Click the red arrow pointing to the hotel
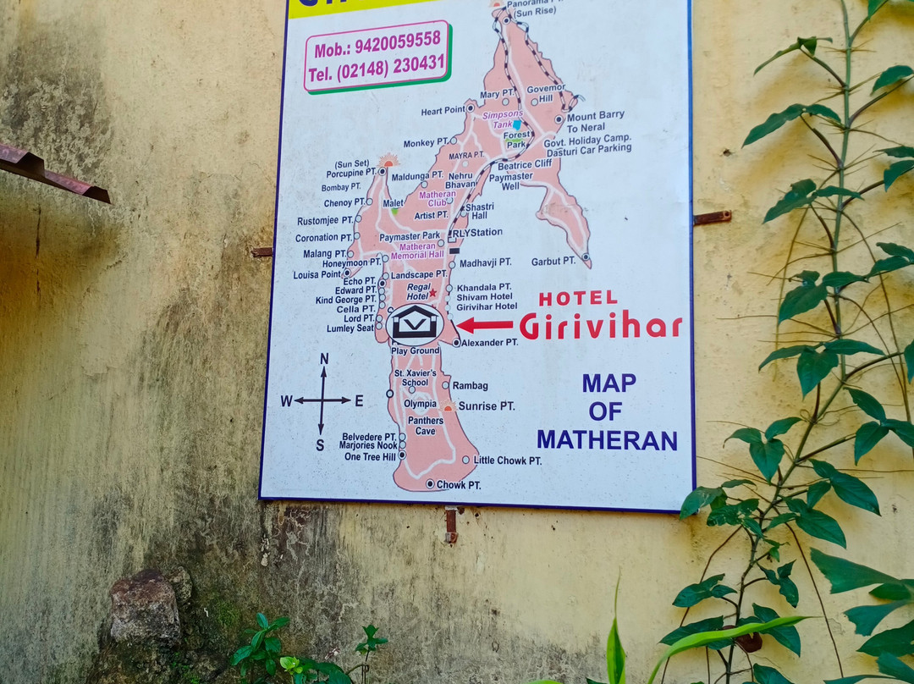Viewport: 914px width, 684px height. [x=485, y=325]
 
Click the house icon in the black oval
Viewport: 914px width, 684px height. [x=415, y=323]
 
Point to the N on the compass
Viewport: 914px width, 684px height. [x=323, y=359]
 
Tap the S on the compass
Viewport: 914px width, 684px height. [x=320, y=445]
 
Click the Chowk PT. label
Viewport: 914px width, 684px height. [x=458, y=485]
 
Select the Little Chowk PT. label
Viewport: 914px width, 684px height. [x=507, y=461]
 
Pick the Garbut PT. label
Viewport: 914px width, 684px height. [x=553, y=262]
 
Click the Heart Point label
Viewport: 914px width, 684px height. [x=443, y=111]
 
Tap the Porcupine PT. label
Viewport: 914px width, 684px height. [x=350, y=174]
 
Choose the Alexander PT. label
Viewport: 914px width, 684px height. [x=489, y=343]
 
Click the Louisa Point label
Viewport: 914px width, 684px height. [x=317, y=274]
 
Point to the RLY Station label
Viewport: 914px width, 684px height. [x=477, y=233]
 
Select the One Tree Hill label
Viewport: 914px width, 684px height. [x=370, y=457]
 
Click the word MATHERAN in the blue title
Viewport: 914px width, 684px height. [x=607, y=440]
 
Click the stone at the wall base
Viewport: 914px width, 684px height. [x=146, y=607]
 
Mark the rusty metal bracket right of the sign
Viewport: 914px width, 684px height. [x=712, y=218]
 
